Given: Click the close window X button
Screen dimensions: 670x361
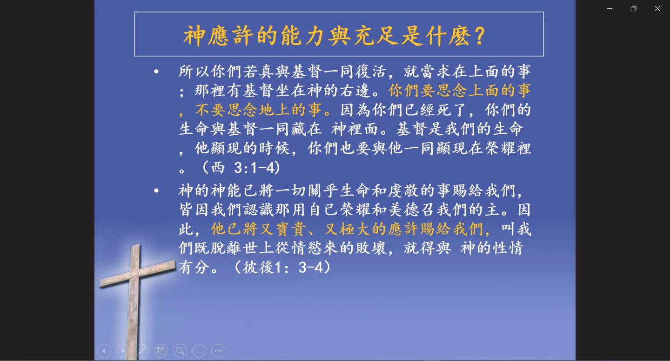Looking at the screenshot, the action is (657, 9).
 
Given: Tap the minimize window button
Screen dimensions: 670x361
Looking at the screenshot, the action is (610, 9).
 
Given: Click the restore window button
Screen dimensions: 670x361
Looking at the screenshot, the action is (633, 9).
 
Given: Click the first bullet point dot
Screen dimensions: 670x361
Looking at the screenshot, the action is (156, 72).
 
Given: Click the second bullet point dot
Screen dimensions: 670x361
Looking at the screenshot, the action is (156, 190).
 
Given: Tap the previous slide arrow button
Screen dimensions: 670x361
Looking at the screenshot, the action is (104, 351).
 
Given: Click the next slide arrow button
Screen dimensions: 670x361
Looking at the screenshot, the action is (123, 351).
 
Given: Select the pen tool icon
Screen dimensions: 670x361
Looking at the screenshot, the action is (142, 351).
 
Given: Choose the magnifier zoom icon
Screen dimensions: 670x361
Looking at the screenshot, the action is (180, 351).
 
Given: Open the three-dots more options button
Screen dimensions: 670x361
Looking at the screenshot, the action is (218, 351).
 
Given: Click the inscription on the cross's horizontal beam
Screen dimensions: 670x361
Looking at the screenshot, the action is (138, 274).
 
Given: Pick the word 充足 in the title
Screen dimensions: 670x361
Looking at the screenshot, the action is (375, 36).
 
